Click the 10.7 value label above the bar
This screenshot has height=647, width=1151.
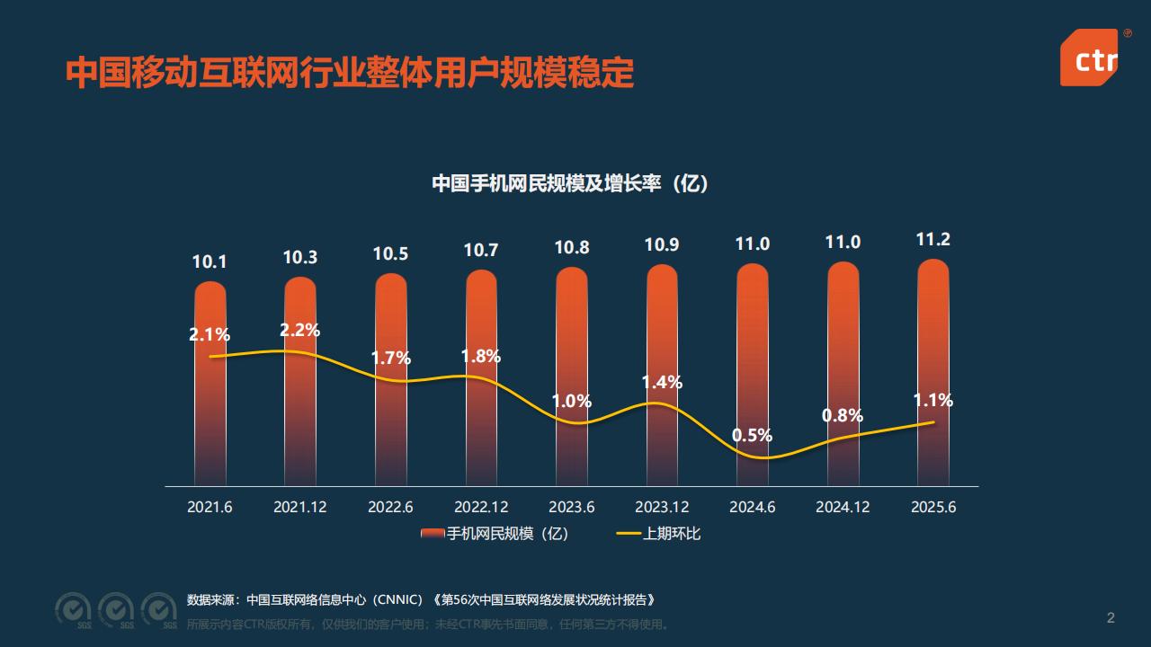click(481, 251)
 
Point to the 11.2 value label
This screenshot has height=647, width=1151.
click(932, 239)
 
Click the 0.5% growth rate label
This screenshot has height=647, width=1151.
click(752, 436)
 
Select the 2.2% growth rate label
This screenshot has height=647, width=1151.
click(299, 330)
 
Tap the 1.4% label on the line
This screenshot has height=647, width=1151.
click(662, 382)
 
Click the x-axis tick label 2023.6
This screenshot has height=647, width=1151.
click(571, 507)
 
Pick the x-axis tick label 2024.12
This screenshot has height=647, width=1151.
click(843, 507)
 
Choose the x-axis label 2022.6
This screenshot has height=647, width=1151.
click(390, 507)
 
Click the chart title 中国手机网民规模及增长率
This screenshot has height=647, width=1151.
click(570, 183)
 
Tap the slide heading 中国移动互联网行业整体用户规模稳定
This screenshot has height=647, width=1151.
click(350, 73)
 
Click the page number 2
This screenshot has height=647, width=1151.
click(1111, 617)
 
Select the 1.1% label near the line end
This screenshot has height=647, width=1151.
click(932, 401)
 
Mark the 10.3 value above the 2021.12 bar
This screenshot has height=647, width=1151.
click(299, 257)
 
